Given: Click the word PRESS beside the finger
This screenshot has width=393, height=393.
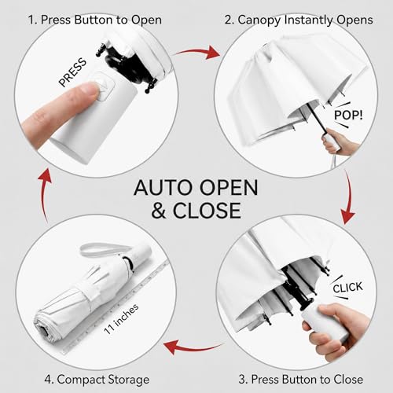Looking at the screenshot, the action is click(x=72, y=72).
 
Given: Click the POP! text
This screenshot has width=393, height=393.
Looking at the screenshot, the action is click(x=348, y=116).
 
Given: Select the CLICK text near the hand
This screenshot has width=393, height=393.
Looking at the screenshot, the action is click(x=347, y=288).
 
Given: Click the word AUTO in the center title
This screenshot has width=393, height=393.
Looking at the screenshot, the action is click(x=163, y=188).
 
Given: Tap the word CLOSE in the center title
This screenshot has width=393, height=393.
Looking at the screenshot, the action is click(x=207, y=211).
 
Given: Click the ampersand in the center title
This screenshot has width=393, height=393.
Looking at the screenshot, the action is click(x=159, y=211).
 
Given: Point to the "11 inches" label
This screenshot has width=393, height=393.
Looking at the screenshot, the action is click(x=121, y=319).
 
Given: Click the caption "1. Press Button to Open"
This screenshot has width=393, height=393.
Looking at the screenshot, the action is click(x=95, y=20).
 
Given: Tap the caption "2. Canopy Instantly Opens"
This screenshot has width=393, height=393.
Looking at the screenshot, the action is click(x=299, y=20).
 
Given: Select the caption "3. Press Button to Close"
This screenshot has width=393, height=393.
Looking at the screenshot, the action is click(x=301, y=379).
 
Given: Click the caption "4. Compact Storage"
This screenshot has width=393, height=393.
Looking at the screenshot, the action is click(x=97, y=380).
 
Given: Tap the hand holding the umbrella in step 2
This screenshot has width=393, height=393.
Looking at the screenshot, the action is click(x=340, y=141).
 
